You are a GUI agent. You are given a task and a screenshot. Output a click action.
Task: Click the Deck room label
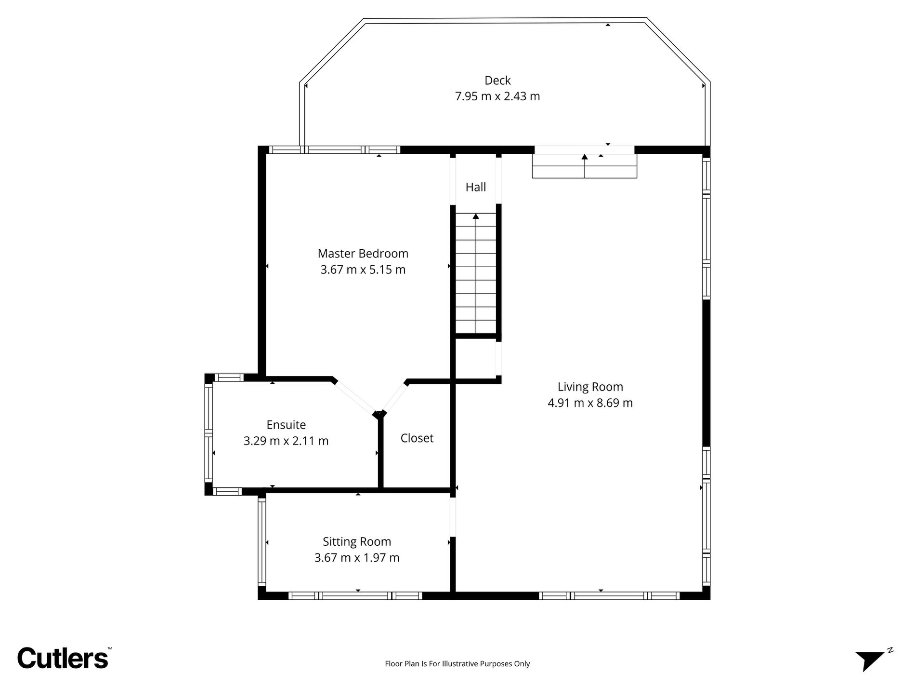[497, 80]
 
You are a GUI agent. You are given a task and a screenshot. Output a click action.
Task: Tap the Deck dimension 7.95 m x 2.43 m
[497, 96]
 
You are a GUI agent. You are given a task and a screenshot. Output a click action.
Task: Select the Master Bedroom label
[363, 253]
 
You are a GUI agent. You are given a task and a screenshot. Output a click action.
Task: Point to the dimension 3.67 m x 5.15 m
[363, 269]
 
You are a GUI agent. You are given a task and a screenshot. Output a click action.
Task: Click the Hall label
[476, 187]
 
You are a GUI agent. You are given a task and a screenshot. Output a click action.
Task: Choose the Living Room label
[590, 387]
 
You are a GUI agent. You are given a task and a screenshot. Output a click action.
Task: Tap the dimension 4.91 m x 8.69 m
[590, 403]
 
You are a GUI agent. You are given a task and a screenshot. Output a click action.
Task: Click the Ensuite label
[286, 425]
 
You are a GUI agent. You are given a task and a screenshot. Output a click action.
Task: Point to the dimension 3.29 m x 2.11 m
[286, 441]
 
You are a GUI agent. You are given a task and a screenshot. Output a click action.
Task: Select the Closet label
[417, 438]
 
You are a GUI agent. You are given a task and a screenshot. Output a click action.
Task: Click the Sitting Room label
[357, 541]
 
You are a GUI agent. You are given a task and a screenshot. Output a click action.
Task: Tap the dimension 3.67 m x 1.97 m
[357, 558]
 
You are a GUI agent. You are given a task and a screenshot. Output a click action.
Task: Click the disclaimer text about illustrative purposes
[457, 664]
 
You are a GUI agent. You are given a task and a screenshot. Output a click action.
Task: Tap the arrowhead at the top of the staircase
[476, 216]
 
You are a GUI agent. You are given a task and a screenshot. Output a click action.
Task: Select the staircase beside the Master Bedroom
[476, 273]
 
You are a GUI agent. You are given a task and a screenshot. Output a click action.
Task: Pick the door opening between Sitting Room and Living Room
[453, 516]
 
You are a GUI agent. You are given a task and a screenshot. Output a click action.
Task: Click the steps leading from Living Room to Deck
[585, 166]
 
